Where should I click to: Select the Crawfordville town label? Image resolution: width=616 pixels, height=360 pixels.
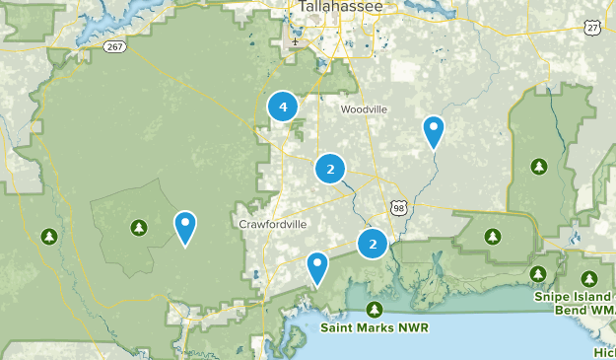pyautogui.click(x=273, y=224)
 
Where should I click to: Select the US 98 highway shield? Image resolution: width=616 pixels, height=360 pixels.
pyautogui.click(x=397, y=207)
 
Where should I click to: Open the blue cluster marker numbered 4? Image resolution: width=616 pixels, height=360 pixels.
pyautogui.click(x=283, y=107)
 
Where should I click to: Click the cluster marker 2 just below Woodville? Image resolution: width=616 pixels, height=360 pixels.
pyautogui.click(x=330, y=170)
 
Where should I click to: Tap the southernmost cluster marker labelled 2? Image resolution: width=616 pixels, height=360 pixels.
pyautogui.click(x=373, y=243)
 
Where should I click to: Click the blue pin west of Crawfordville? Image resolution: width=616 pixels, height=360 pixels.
pyautogui.click(x=184, y=227)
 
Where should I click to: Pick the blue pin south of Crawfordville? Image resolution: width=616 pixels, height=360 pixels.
pyautogui.click(x=316, y=267)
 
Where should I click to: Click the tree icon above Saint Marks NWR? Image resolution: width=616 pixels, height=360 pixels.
pyautogui.click(x=376, y=310)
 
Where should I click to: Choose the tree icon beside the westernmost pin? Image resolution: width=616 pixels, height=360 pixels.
pyautogui.click(x=138, y=229)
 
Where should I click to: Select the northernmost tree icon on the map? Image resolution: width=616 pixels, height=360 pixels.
pyautogui.click(x=539, y=165)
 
